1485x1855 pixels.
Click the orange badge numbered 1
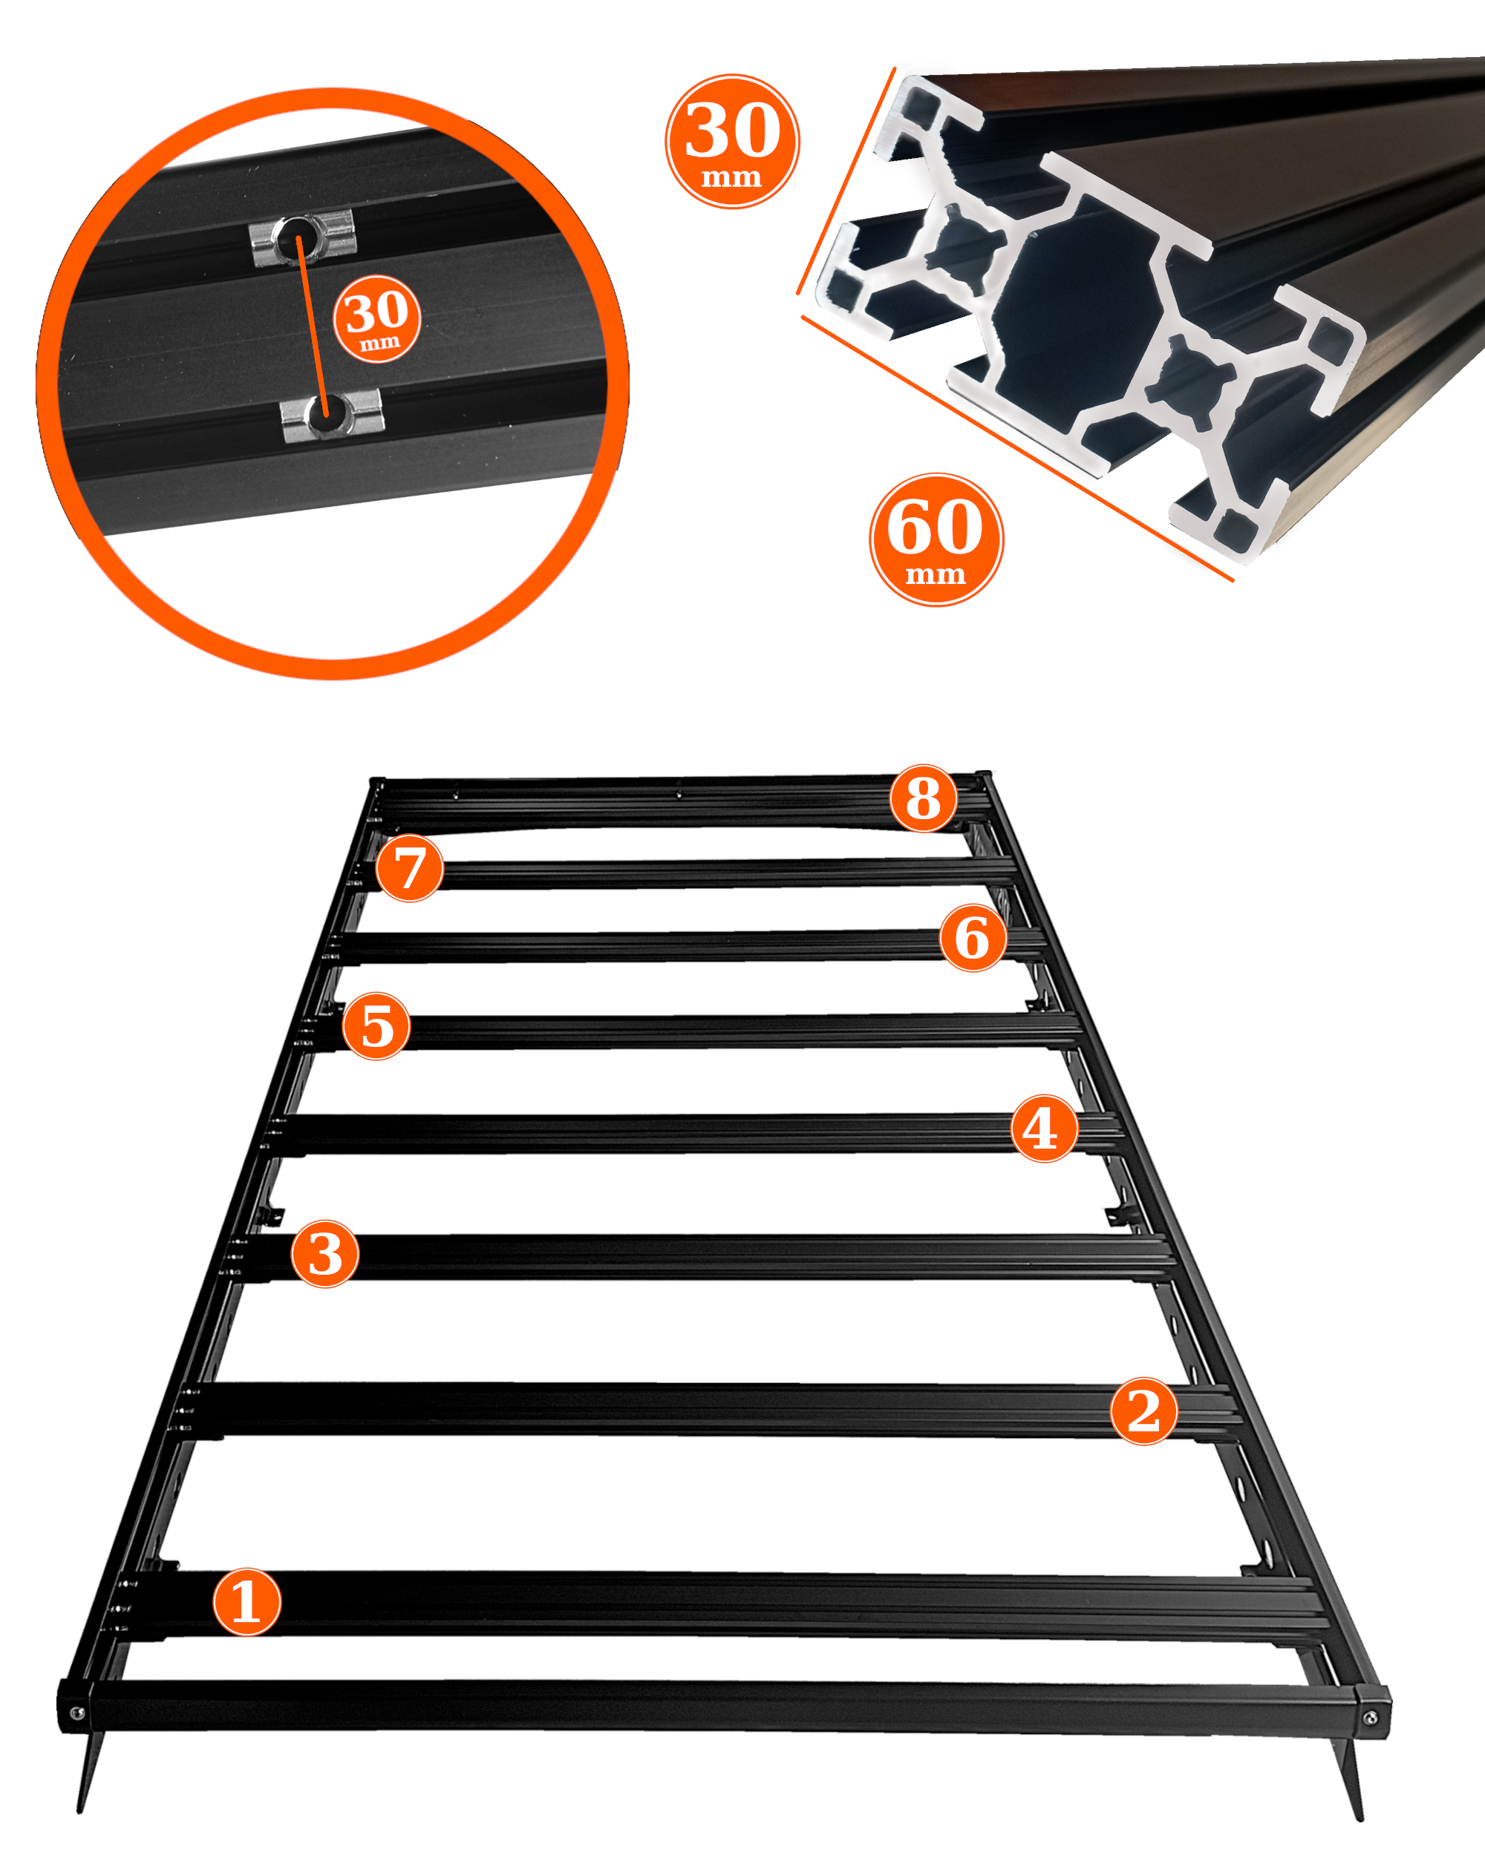(x=247, y=1601)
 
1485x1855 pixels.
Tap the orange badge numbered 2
(x=1144, y=1411)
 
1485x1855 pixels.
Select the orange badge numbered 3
(x=324, y=1253)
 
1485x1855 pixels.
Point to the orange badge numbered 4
(x=1043, y=1128)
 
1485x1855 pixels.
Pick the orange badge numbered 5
(x=376, y=1025)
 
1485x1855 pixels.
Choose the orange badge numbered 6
(x=973, y=937)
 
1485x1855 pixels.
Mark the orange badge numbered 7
(x=410, y=867)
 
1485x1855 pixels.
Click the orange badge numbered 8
(x=924, y=798)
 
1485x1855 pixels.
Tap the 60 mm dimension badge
(x=936, y=539)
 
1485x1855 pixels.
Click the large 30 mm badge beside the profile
(x=732, y=141)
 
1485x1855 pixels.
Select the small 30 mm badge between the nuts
(x=377, y=318)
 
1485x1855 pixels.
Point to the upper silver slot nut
(x=302, y=235)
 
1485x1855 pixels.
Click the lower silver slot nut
(x=333, y=415)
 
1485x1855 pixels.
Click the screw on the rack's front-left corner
(x=76, y=1714)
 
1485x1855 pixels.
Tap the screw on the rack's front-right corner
(x=1371, y=1718)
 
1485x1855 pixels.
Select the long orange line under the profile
(x=1017, y=448)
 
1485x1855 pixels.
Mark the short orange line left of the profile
(x=846, y=181)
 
